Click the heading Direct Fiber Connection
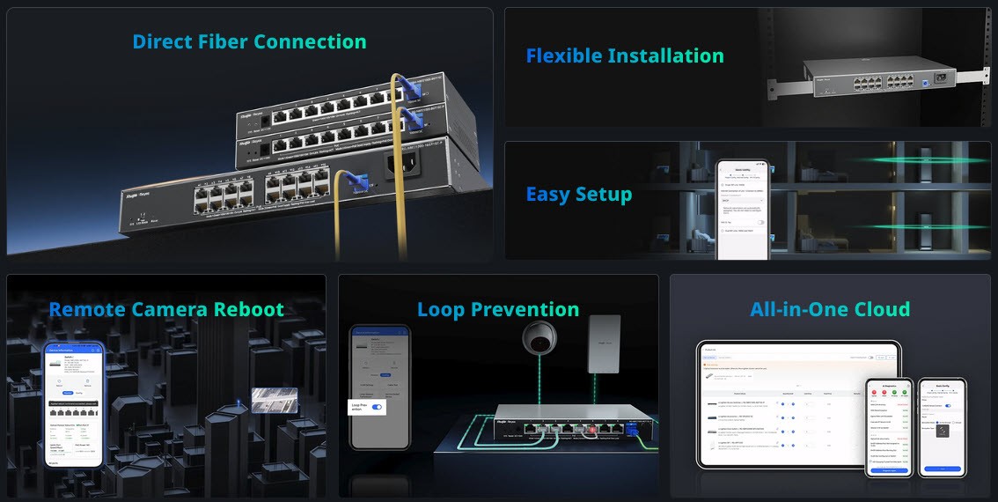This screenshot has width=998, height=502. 249,41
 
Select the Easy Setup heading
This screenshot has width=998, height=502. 578,195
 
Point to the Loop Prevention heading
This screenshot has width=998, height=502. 497,310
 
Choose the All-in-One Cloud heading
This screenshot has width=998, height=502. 830,310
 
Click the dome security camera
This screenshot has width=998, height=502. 537,339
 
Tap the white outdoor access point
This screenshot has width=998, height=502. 604,343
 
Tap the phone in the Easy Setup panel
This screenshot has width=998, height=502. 741,210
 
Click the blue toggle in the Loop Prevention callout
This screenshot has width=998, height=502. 378,407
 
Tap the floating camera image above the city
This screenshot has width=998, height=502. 274,400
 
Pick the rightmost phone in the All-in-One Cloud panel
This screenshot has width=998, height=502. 942,426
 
